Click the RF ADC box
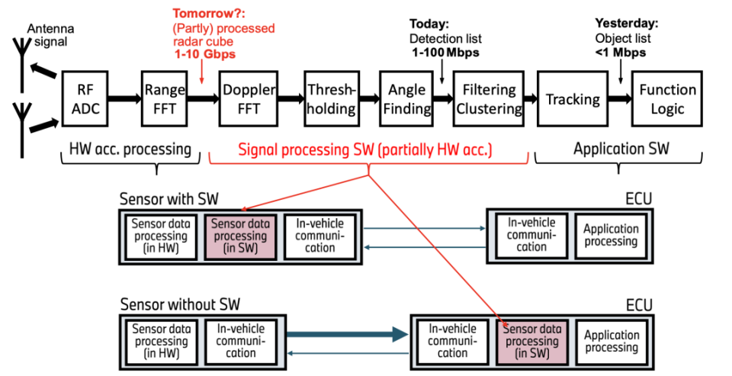pos(85,99)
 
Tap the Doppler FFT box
pos(250,99)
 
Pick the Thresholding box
pos(332,99)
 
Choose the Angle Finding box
pos(406,99)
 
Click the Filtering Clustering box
pos(488,99)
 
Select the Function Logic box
pos(667,99)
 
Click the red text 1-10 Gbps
pos(204,55)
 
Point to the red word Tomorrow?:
pos(204,14)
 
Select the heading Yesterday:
pos(626,22)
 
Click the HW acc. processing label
pos(130,149)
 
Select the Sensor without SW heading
pos(180,305)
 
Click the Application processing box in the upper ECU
pos(610,236)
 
